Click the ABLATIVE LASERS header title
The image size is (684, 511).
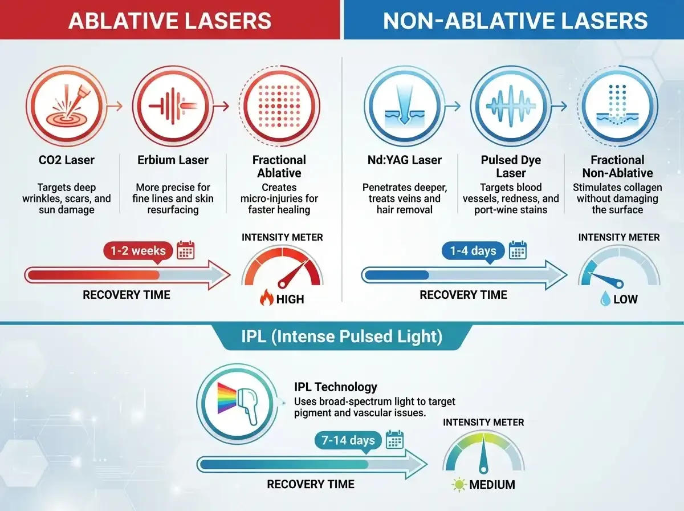(169, 21)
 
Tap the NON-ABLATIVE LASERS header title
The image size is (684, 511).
(515, 21)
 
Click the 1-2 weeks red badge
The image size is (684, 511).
(137, 251)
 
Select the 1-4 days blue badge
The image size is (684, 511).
(473, 251)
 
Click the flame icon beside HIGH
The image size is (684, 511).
(266, 298)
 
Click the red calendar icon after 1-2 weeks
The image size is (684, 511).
(186, 250)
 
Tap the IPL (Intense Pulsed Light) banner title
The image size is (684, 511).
(341, 336)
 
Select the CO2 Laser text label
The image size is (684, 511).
(63, 160)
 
